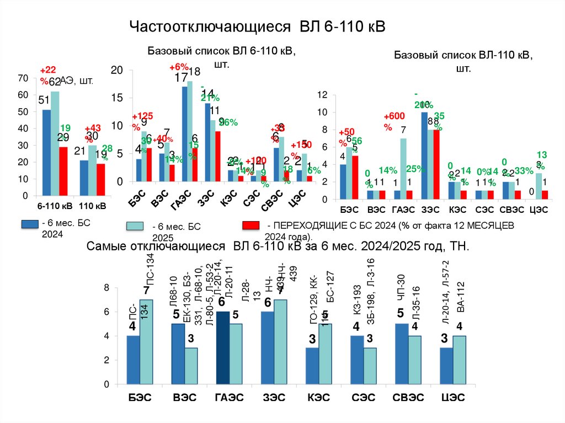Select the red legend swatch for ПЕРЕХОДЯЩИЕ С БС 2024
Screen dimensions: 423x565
tap(251, 226)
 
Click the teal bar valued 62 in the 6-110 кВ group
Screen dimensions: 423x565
tap(55, 143)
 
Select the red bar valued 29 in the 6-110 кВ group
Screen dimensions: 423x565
tap(63, 171)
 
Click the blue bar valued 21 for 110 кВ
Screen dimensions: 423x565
tap(84, 178)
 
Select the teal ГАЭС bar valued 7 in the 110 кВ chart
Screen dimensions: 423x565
tap(403, 165)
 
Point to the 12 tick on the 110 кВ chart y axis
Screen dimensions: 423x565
tap(324, 95)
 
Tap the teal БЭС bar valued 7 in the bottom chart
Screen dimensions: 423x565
tap(146, 341)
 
